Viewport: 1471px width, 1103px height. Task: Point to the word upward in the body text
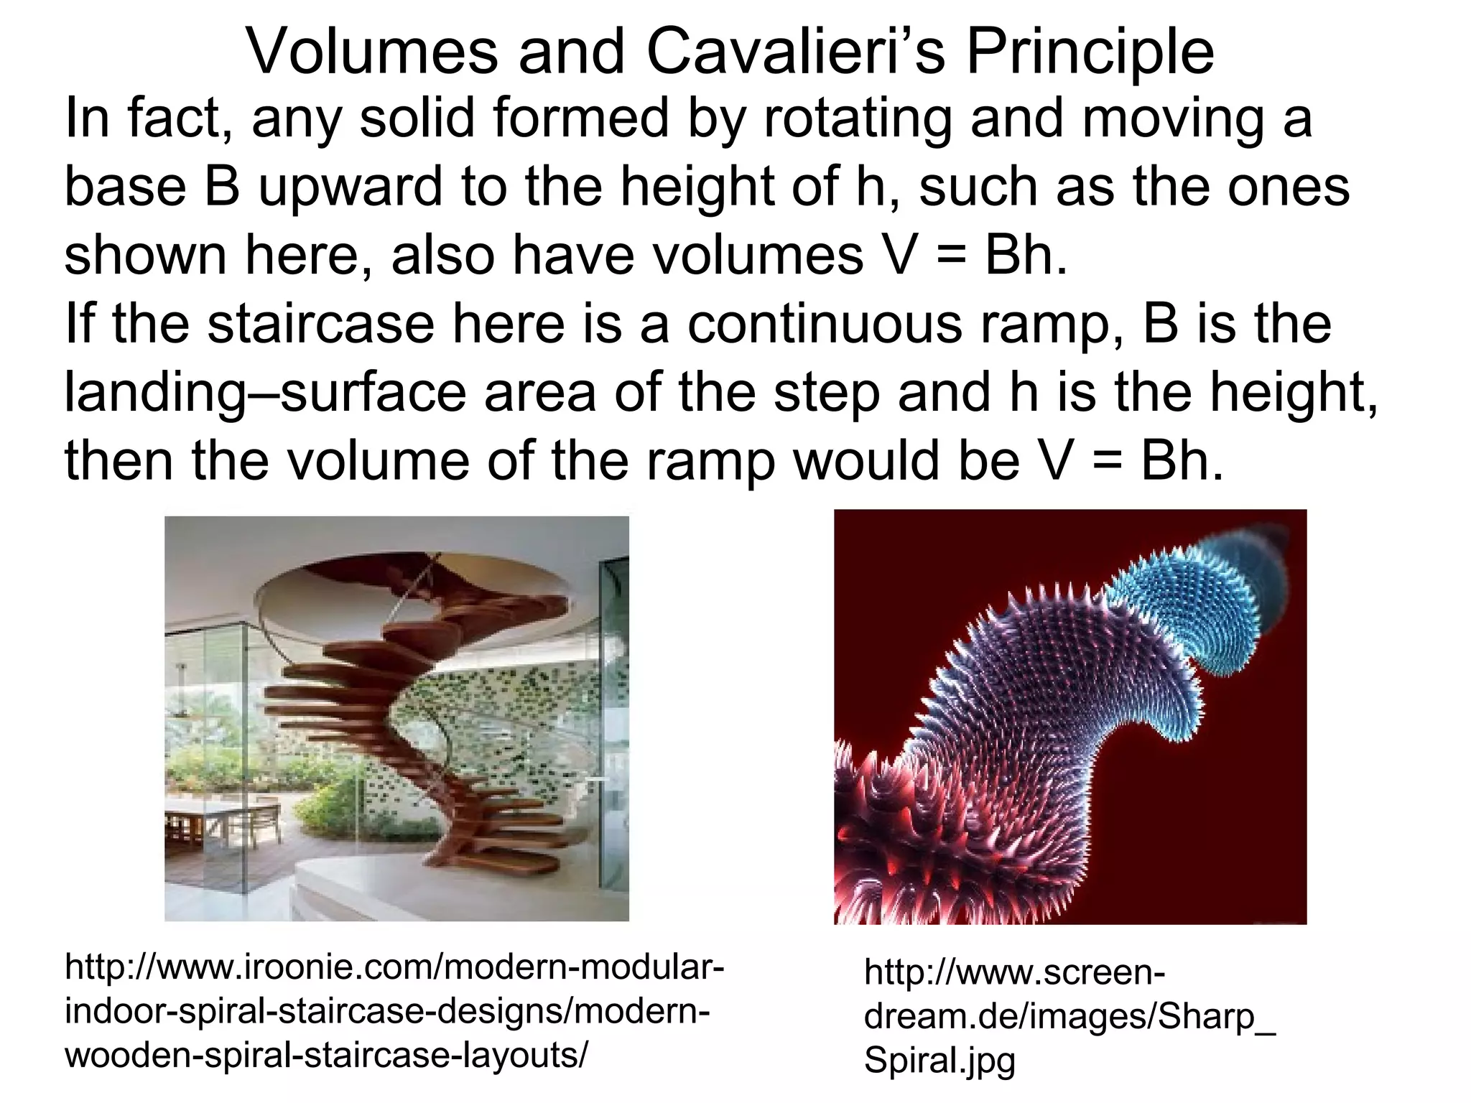click(x=350, y=187)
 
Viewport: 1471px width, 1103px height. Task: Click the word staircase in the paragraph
click(x=321, y=324)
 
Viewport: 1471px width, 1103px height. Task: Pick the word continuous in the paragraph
click(x=824, y=324)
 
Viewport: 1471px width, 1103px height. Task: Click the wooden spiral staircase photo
click(x=396, y=718)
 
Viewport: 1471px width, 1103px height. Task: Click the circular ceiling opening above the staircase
click(x=338, y=596)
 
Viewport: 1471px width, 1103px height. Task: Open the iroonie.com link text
click(x=394, y=1011)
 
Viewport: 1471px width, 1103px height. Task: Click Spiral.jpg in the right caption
click(x=939, y=1060)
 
